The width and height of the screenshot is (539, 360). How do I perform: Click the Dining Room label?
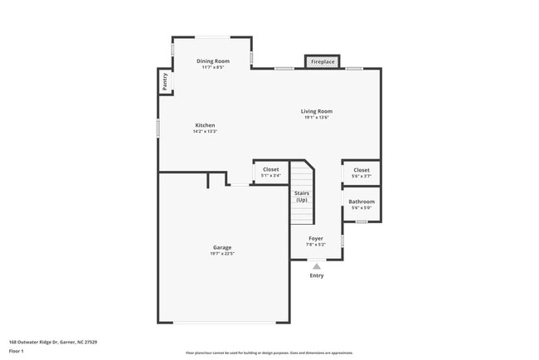(213, 61)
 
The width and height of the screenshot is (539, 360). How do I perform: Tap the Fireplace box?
(323, 61)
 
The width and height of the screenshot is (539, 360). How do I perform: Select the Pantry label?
(165, 81)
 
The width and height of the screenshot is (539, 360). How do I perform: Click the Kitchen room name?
(205, 125)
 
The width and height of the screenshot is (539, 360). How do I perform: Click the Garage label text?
(221, 247)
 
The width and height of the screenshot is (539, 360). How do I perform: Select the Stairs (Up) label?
(301, 197)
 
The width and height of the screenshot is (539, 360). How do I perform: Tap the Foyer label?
(316, 238)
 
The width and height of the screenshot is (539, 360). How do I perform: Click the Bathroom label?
(362, 202)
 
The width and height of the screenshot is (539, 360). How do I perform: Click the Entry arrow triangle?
(316, 265)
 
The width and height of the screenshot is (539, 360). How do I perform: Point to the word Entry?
(316, 275)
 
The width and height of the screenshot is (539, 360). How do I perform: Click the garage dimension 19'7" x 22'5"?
(221, 254)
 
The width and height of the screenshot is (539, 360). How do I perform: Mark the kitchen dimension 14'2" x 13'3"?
(205, 131)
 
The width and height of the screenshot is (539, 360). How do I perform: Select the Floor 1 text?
(17, 351)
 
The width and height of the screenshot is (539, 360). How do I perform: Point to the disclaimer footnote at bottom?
(269, 352)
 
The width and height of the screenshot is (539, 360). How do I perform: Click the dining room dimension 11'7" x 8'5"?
(213, 67)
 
